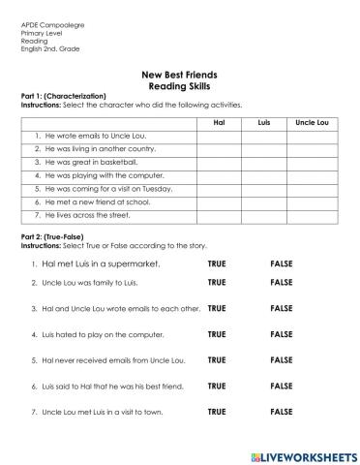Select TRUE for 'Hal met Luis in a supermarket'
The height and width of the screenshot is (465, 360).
pyautogui.click(x=217, y=263)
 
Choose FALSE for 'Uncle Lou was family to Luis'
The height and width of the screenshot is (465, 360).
pyautogui.click(x=282, y=283)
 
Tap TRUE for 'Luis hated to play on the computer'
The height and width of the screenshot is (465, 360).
pyautogui.click(x=217, y=334)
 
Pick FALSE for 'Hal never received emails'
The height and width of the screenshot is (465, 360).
pyautogui.click(x=282, y=360)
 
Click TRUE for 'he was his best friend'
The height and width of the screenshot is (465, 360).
pyautogui.click(x=217, y=386)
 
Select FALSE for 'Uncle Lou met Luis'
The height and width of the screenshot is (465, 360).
pyautogui.click(x=282, y=412)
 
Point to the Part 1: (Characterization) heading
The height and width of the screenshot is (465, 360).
pyautogui.click(x=57, y=97)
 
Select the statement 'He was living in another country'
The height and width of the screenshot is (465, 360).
pyautogui.click(x=88, y=150)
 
